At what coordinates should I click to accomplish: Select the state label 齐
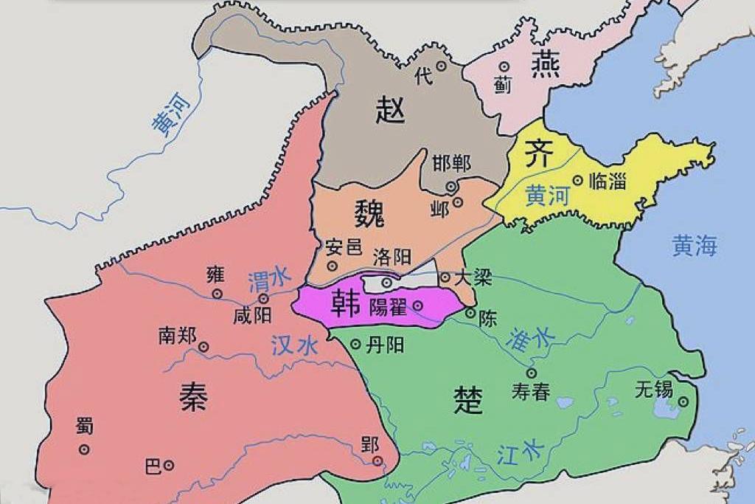click(x=537, y=154)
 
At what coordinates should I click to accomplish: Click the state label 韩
click(x=344, y=303)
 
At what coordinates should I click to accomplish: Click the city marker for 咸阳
click(x=263, y=299)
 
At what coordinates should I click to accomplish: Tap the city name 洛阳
click(x=392, y=258)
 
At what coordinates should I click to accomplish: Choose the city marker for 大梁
click(x=445, y=277)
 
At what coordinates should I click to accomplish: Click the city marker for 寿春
click(x=531, y=373)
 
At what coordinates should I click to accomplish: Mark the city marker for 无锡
click(x=683, y=401)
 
